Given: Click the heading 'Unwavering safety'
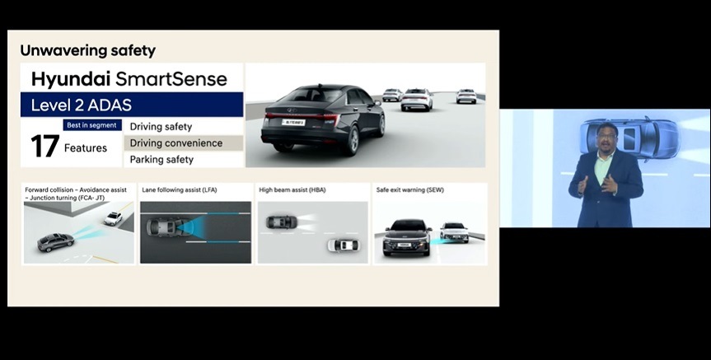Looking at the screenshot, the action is pyautogui.click(x=87, y=50).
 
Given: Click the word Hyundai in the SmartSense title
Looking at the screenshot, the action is pyautogui.click(x=71, y=79).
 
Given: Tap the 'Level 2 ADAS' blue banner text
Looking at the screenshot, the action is pyautogui.click(x=82, y=105).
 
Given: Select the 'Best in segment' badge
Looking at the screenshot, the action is pyautogui.click(x=92, y=125).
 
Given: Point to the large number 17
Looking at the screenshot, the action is pyautogui.click(x=44, y=147).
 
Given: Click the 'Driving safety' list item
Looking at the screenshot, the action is pyautogui.click(x=161, y=127).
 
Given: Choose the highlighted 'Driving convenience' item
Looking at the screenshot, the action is pyautogui.click(x=176, y=143).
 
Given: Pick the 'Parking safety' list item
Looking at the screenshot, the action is pyautogui.click(x=161, y=160).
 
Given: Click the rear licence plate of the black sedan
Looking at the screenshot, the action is pyautogui.click(x=294, y=122).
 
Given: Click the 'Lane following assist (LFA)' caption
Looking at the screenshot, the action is pyautogui.click(x=180, y=190).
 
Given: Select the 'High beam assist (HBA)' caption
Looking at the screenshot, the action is pyautogui.click(x=292, y=190).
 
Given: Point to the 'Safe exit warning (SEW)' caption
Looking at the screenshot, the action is pyautogui.click(x=410, y=190).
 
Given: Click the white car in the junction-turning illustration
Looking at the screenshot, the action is pyautogui.click(x=113, y=219).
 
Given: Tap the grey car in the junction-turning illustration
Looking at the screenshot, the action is pyautogui.click(x=55, y=242).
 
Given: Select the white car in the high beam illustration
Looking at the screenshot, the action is pyautogui.click(x=344, y=245).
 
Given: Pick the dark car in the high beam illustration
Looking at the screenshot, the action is pyautogui.click(x=282, y=222).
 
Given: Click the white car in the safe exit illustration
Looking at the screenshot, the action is pyautogui.click(x=454, y=231).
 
